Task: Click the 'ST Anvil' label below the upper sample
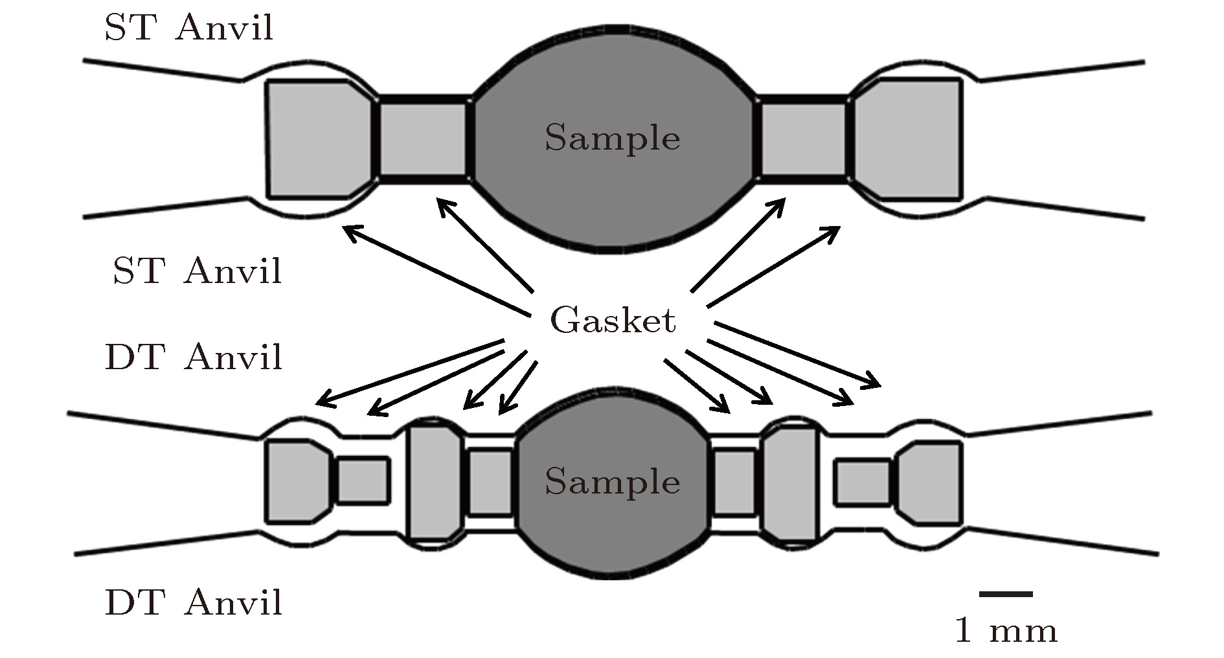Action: pyautogui.click(x=198, y=271)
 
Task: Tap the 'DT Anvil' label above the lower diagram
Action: pyautogui.click(x=194, y=357)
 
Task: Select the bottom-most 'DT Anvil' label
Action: pyautogui.click(x=194, y=602)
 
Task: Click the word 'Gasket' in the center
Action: pyautogui.click(x=613, y=321)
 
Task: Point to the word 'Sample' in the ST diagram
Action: pyautogui.click(x=612, y=138)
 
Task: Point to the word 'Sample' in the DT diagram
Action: pyautogui.click(x=612, y=482)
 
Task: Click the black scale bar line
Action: pyautogui.click(x=1006, y=593)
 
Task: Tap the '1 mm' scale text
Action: pyautogui.click(x=1006, y=630)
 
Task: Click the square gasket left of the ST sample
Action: pyautogui.click(x=422, y=139)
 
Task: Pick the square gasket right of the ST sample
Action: pyautogui.click(x=803, y=139)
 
